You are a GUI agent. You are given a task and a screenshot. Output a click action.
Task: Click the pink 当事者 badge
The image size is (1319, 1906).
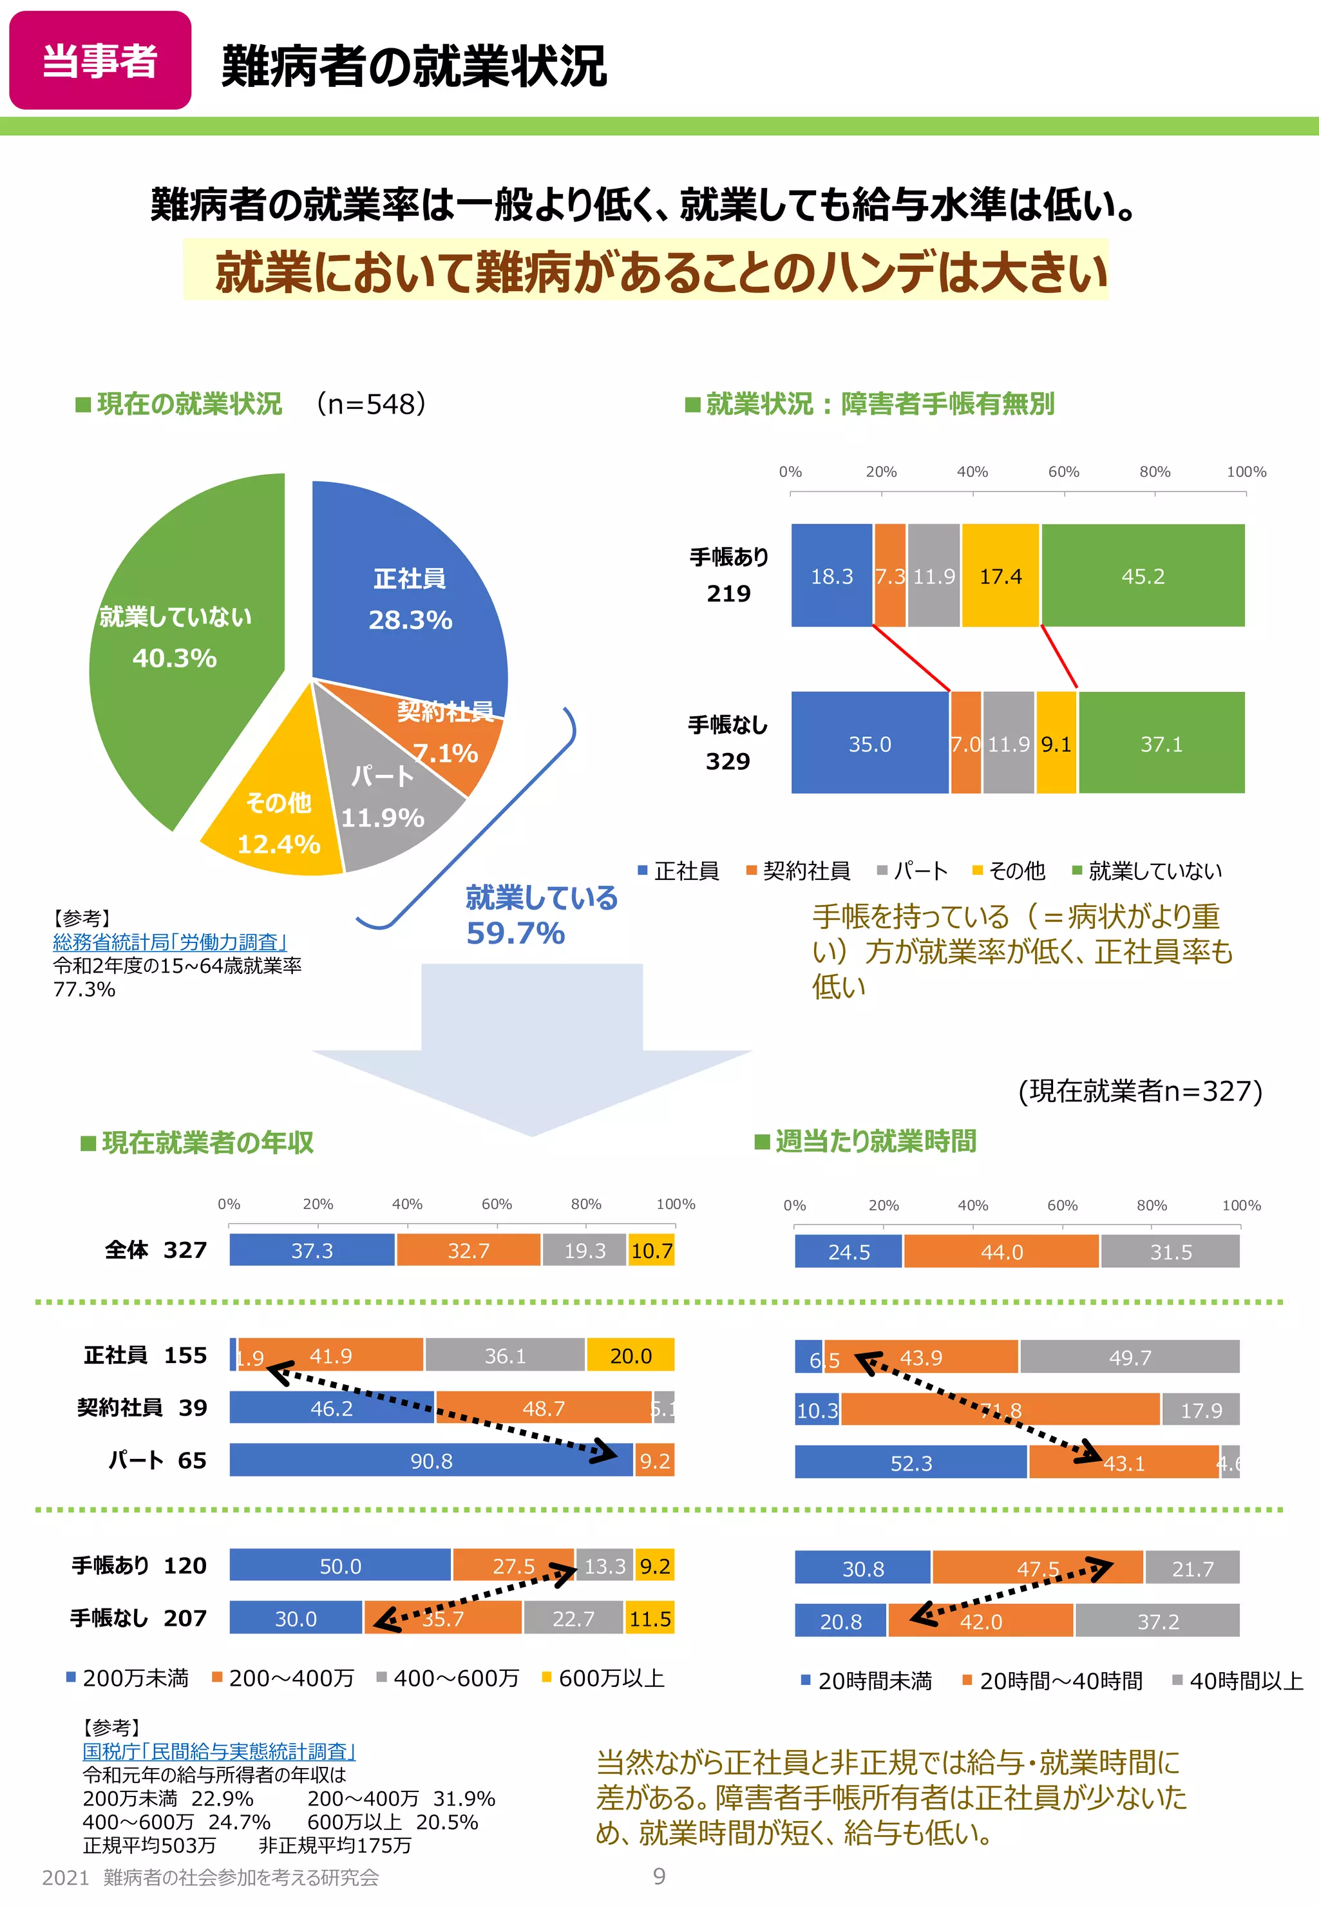pos(100,61)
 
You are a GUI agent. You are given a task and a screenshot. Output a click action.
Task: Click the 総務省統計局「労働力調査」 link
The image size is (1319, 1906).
pos(169,942)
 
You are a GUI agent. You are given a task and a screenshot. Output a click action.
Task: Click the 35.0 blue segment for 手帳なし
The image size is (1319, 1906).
pos(869,744)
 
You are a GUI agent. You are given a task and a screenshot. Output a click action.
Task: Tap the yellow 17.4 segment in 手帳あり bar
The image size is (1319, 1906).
pos(1000,576)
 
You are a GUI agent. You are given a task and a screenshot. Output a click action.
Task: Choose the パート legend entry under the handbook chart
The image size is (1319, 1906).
pos(913,870)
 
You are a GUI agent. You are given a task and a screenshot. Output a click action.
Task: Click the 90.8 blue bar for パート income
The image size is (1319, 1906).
pos(431,1460)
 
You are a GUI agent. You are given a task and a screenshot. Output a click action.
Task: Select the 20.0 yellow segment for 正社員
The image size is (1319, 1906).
pos(631,1355)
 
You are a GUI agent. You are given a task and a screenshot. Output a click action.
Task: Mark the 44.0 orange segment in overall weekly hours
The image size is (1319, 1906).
pos(1001,1252)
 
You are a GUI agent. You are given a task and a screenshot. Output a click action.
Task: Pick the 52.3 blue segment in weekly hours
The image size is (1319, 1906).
pos(911,1463)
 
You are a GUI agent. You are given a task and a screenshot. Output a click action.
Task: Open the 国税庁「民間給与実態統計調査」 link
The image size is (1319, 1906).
pos(219,1751)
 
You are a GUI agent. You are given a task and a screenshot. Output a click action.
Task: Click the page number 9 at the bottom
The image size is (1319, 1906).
pos(659,1876)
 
